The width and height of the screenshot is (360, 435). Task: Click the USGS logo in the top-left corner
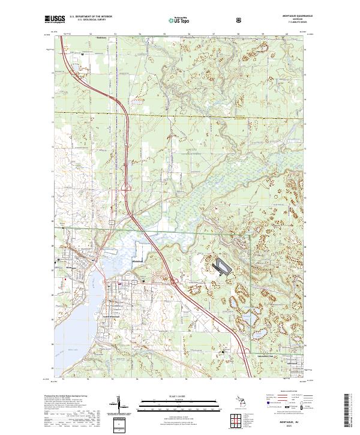(x=55, y=20)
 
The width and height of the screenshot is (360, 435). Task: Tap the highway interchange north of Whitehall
(x=127, y=190)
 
